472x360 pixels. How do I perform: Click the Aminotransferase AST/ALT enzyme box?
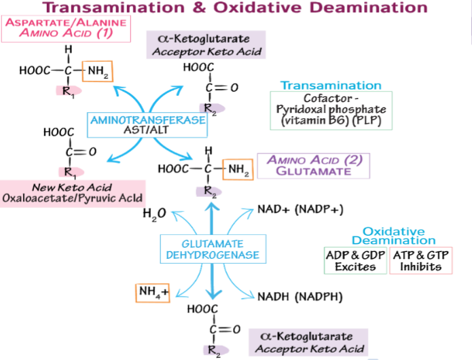pyautogui.click(x=149, y=124)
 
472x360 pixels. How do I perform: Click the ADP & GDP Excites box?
pyautogui.click(x=355, y=260)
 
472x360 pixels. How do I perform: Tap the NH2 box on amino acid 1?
pyautogui.click(x=97, y=71)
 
